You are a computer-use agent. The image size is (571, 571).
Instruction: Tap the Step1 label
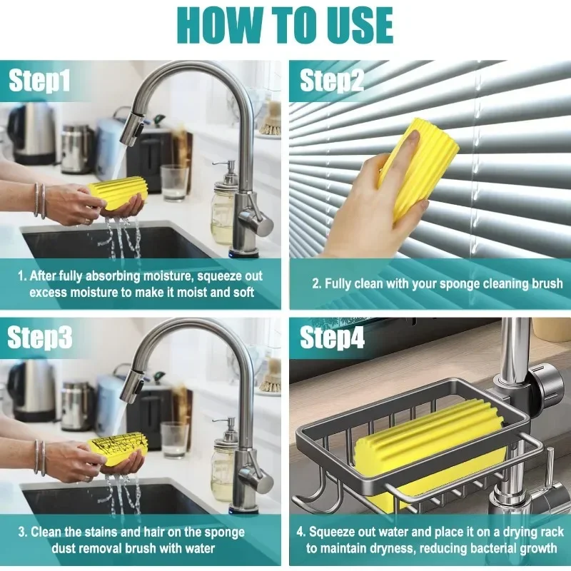[39, 81]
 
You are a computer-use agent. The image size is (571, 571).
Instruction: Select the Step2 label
[332, 81]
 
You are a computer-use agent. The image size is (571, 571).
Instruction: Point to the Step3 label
[40, 338]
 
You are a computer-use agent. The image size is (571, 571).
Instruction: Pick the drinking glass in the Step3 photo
[174, 440]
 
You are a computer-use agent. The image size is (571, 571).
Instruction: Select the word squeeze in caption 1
[213, 276]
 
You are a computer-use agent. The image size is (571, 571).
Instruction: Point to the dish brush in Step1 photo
[270, 118]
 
